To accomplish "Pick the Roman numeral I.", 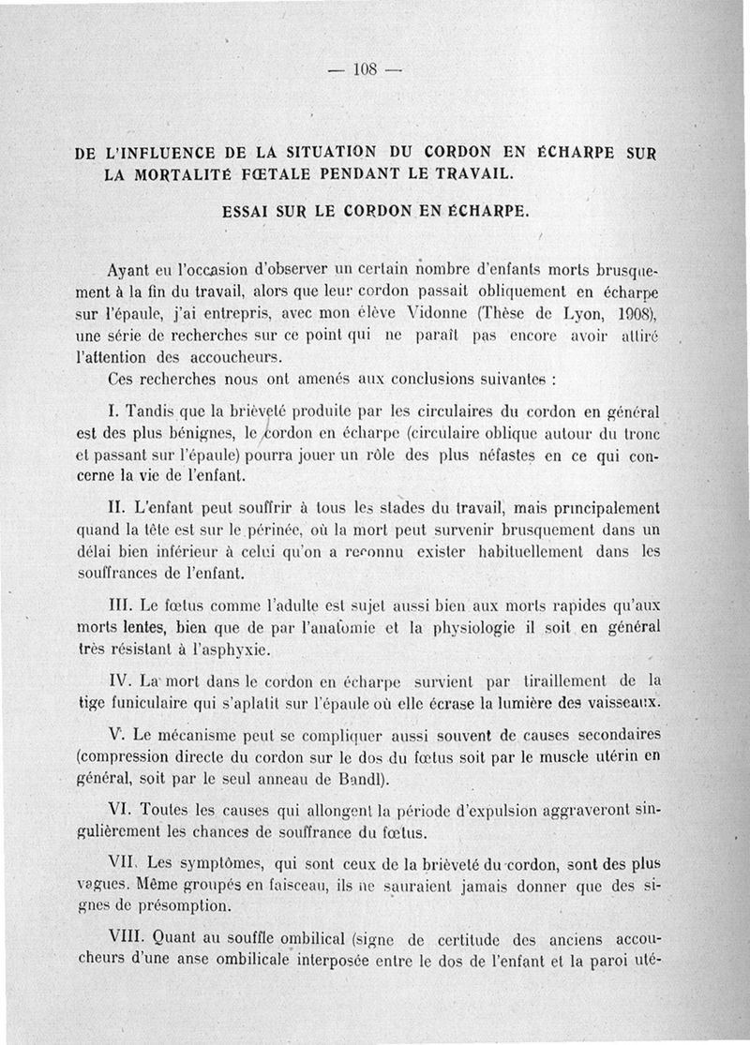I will (112, 411).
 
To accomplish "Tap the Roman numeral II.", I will (116, 508).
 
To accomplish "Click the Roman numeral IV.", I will (121, 679).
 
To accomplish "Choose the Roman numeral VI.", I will (121, 808).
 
